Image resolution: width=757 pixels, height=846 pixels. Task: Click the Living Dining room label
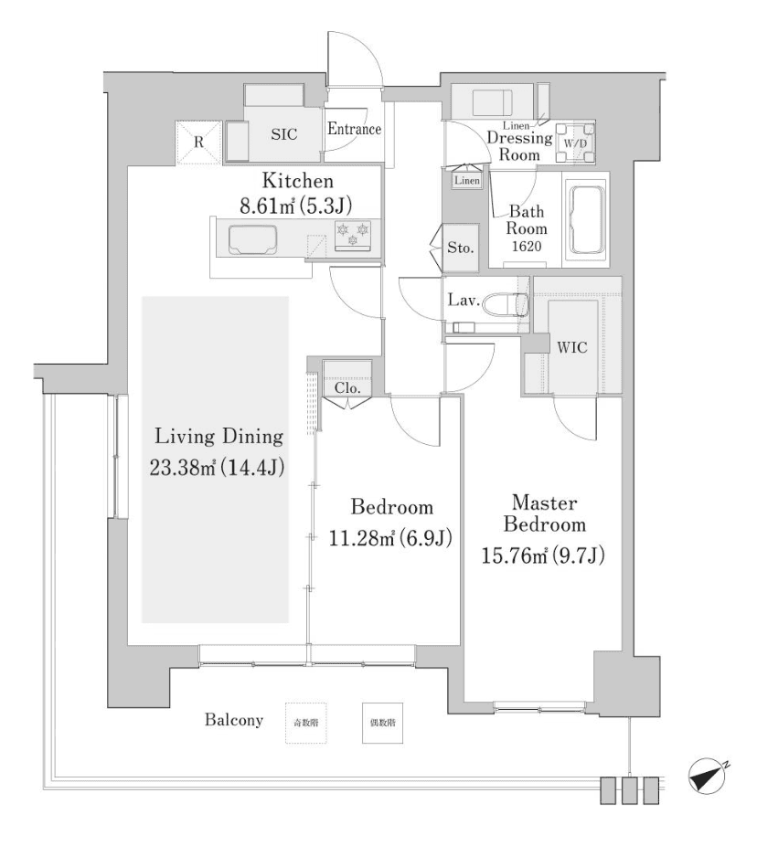click(x=218, y=436)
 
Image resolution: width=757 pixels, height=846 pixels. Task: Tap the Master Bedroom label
click(x=548, y=513)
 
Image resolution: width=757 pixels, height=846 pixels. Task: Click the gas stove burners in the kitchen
click(x=353, y=234)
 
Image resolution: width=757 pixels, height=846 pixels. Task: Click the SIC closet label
click(x=284, y=132)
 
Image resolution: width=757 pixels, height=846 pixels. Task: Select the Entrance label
click(x=354, y=129)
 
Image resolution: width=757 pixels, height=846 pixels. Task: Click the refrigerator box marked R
click(x=199, y=143)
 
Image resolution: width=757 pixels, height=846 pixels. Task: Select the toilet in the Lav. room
click(x=506, y=302)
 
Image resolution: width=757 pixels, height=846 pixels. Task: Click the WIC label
click(x=571, y=348)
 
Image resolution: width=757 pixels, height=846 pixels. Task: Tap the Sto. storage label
click(x=459, y=248)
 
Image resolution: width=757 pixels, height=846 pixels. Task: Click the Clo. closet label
click(x=347, y=387)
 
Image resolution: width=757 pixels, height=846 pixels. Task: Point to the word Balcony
click(x=233, y=721)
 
